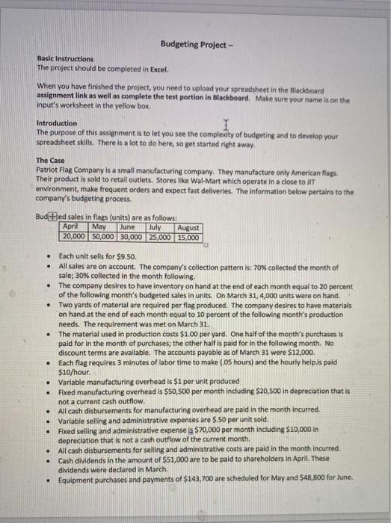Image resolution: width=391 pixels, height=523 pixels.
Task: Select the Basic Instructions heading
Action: coord(66,58)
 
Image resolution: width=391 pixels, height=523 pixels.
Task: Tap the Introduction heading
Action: coord(56,123)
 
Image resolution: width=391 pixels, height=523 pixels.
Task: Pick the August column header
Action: coord(188,227)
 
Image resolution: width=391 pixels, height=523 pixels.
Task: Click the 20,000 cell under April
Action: coord(73,237)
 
